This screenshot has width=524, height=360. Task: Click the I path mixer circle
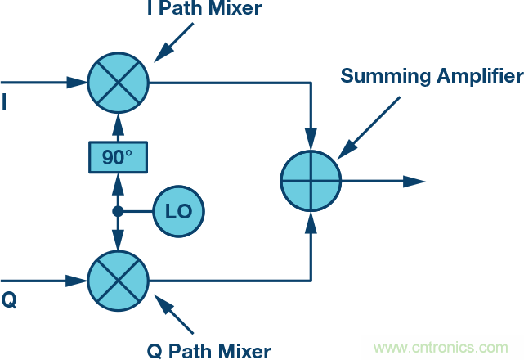pos(118,83)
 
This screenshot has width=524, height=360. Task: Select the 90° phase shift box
pos(118,156)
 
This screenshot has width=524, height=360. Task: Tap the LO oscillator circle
pos(178,211)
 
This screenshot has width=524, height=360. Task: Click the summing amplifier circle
pos(311,181)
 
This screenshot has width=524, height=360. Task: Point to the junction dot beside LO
pos(118,211)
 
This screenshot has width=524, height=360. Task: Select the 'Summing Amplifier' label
pos(432,77)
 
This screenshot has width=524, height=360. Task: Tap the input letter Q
pos(9,300)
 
